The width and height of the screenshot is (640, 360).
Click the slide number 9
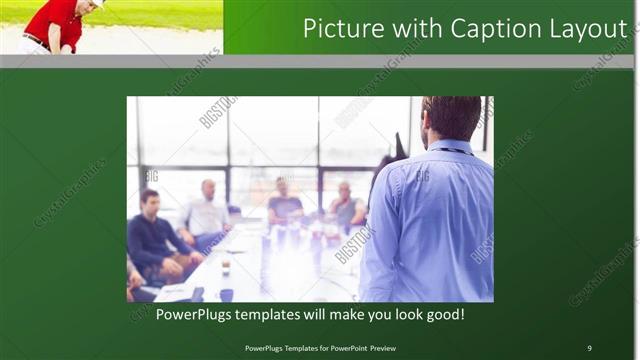pyautogui.click(x=589, y=348)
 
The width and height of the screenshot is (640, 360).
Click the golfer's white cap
pyautogui.click(x=97, y=3)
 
